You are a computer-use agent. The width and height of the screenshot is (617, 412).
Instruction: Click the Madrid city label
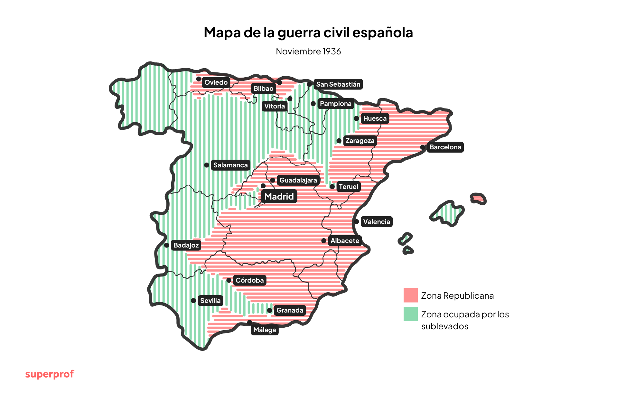pyautogui.click(x=279, y=196)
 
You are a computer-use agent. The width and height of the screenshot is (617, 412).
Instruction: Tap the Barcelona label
pyautogui.click(x=445, y=147)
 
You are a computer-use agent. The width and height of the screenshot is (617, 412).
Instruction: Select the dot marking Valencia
pyautogui.click(x=356, y=221)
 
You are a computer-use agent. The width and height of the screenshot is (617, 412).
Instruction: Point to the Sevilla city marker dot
pyautogui.click(x=193, y=301)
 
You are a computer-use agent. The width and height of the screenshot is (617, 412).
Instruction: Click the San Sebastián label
pyautogui.click(x=338, y=84)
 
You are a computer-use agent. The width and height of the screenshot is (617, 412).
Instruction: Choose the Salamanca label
pyautogui.click(x=230, y=165)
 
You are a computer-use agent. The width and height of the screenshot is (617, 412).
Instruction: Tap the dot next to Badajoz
pyautogui.click(x=166, y=245)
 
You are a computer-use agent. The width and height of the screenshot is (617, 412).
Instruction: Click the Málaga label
pyautogui.click(x=265, y=330)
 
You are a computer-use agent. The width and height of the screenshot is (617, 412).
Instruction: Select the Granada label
pyautogui.click(x=290, y=310)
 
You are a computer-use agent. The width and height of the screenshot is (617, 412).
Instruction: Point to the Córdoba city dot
pyautogui.click(x=229, y=280)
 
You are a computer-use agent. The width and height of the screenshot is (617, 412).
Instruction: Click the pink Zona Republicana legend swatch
pyautogui.click(x=410, y=295)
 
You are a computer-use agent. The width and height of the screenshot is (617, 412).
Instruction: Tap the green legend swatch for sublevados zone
pyautogui.click(x=410, y=314)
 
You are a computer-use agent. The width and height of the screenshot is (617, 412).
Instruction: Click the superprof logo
pyautogui.click(x=50, y=374)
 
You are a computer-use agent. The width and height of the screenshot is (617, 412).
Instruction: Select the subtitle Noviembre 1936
pyautogui.click(x=308, y=51)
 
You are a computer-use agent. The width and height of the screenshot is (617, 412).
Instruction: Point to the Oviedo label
pyautogui.click(x=216, y=82)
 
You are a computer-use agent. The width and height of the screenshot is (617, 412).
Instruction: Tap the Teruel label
pyautogui.click(x=348, y=187)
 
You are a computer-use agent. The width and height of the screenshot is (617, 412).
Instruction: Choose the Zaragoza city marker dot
pyautogui.click(x=339, y=141)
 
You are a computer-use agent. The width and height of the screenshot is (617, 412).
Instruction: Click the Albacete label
pyautogui.click(x=345, y=241)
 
